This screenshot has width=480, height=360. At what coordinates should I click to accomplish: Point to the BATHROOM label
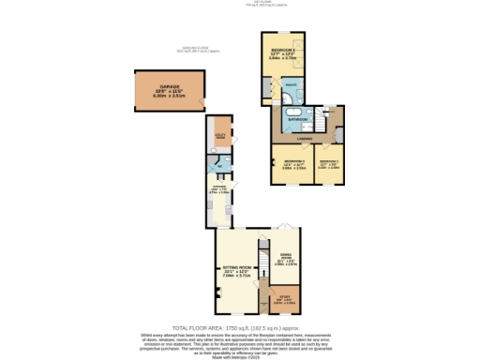tap(299, 120)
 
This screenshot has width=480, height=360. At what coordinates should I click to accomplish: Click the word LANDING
tap(305, 140)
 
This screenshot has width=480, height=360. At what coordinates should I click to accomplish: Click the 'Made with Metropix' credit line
tap(240, 355)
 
